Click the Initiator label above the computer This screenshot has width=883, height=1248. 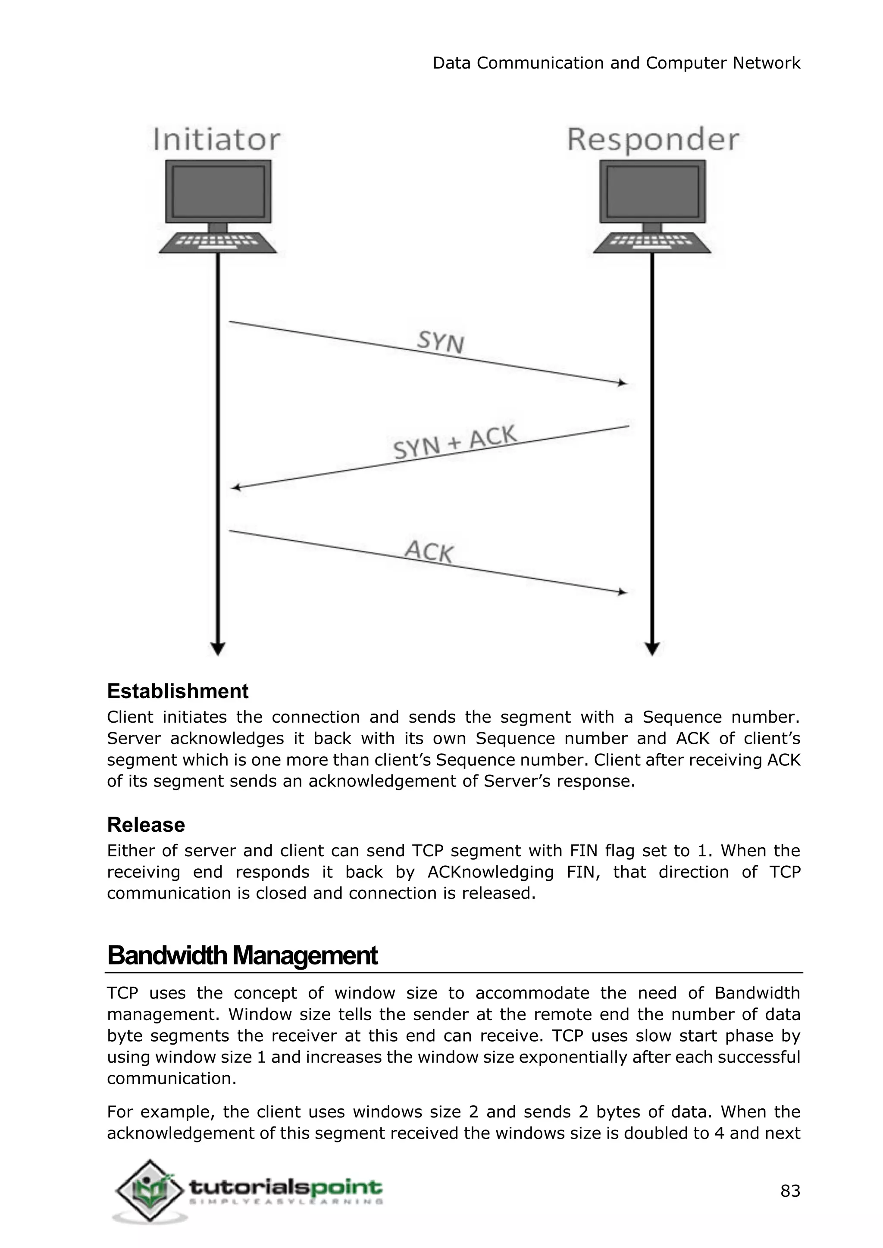pos(216,139)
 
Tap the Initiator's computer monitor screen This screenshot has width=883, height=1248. pos(218,191)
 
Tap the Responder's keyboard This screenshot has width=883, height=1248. pos(652,243)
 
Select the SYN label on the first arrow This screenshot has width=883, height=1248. pos(440,342)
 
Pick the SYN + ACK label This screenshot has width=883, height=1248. pos(454,443)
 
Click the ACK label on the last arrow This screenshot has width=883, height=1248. pos(429,551)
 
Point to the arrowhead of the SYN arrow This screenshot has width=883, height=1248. pos(623,383)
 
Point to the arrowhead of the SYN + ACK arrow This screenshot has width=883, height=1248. pos(235,487)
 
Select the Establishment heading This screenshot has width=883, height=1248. pos(177,691)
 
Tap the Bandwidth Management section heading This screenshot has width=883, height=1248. pos(242,955)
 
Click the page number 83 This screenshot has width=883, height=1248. pos(790,1192)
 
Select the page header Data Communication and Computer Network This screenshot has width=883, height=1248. pos(616,63)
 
